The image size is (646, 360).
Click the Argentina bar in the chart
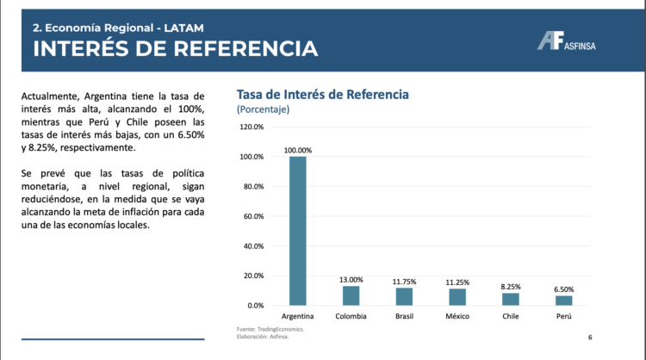pyautogui.click(x=297, y=231)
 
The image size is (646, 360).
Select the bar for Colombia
pyautogui.click(x=351, y=295)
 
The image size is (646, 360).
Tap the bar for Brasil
pyautogui.click(x=404, y=296)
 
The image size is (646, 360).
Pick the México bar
pyautogui.click(x=457, y=297)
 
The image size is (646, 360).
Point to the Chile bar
pyautogui.click(x=511, y=299)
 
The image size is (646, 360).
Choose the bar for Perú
pyautogui.click(x=564, y=301)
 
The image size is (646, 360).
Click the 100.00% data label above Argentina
pyautogui.click(x=297, y=150)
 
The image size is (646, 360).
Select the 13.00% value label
pyautogui.click(x=351, y=279)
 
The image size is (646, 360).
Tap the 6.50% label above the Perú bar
pyautogui.click(x=564, y=289)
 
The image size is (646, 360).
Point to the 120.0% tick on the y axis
pyautogui.click(x=251, y=127)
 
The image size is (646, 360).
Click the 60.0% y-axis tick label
pyautogui.click(x=252, y=216)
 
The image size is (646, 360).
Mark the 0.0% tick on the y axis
pyautogui.click(x=254, y=306)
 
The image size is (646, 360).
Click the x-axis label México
pyautogui.click(x=457, y=316)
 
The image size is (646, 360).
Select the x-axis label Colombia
pyautogui.click(x=351, y=316)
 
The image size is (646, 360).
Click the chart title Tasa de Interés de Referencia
pyautogui.click(x=322, y=94)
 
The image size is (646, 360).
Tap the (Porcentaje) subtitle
pyautogui.click(x=263, y=109)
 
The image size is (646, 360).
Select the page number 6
pyautogui.click(x=590, y=337)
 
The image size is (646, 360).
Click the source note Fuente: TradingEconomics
pyautogui.click(x=270, y=329)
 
